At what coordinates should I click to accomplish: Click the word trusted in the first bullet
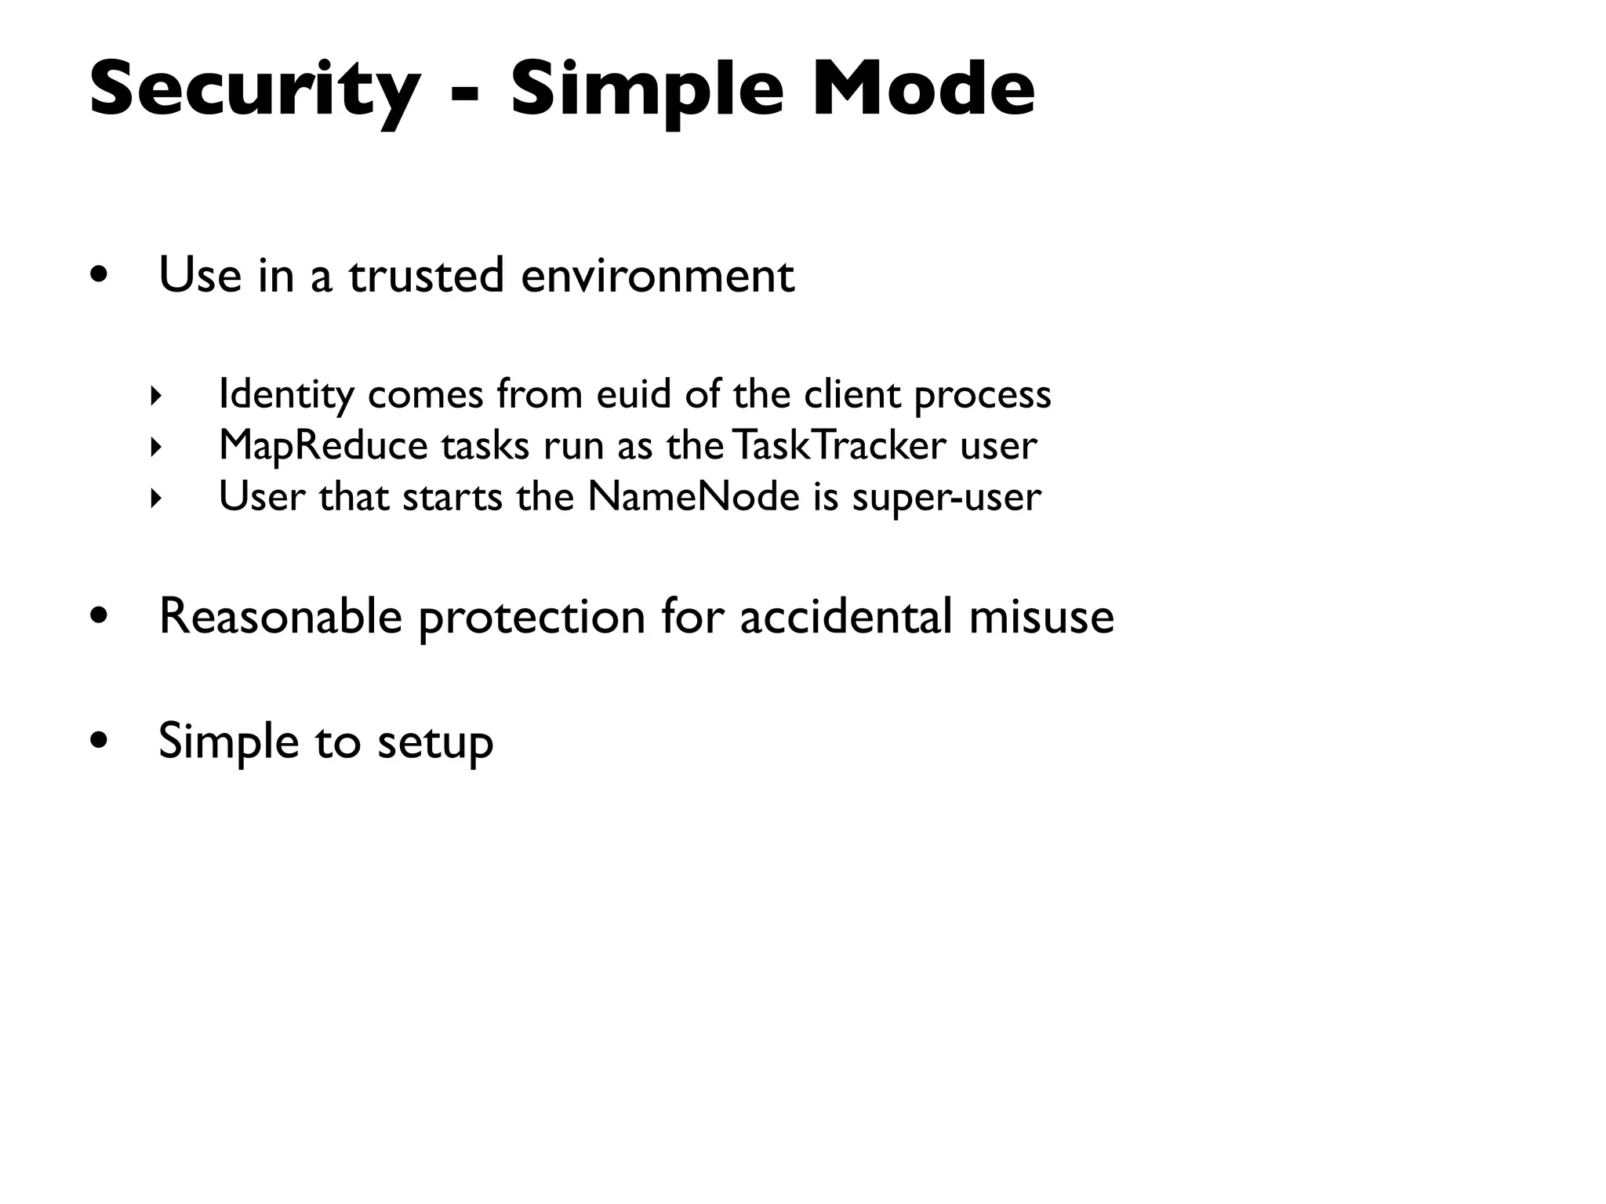tap(426, 276)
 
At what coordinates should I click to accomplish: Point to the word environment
tap(657, 276)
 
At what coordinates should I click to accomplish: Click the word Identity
tap(286, 394)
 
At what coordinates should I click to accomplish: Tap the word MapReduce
tap(323, 446)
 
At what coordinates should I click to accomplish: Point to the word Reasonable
tap(281, 616)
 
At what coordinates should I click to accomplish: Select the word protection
tap(532, 618)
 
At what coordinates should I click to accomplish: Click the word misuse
tap(1041, 616)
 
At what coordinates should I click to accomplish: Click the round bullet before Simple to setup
tap(99, 741)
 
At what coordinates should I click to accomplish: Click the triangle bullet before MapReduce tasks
tap(155, 448)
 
